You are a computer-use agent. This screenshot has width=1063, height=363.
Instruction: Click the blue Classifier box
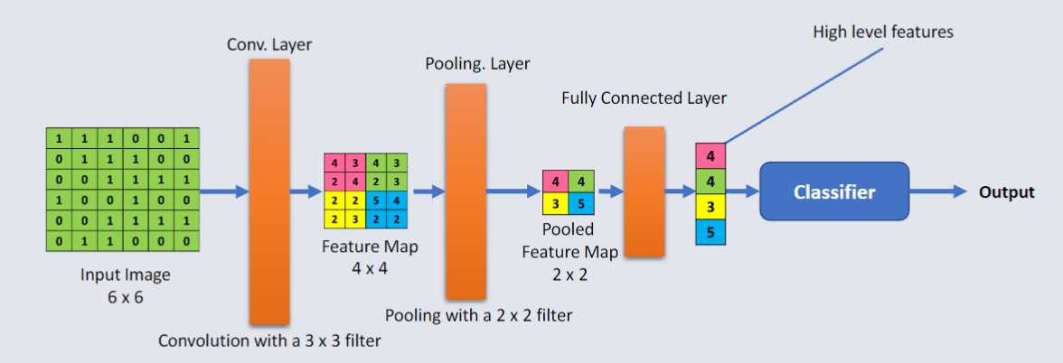click(x=833, y=191)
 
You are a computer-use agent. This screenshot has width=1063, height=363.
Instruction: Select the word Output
click(x=1006, y=191)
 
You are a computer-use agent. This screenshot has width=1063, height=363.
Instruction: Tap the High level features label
click(x=882, y=33)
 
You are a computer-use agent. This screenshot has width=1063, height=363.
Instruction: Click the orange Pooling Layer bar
click(x=466, y=191)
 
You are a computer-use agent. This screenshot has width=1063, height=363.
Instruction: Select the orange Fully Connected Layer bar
click(x=644, y=191)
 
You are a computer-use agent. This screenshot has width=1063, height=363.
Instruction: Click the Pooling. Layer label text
click(x=477, y=64)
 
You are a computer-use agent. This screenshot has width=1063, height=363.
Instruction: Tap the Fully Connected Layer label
click(x=644, y=98)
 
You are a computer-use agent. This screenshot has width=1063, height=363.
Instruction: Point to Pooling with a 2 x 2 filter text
click(x=478, y=315)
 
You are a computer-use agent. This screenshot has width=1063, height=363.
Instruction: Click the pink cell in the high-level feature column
click(x=710, y=156)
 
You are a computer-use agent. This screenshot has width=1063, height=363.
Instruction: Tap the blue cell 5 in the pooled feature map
click(x=582, y=203)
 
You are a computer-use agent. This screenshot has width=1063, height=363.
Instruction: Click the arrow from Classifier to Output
click(x=940, y=191)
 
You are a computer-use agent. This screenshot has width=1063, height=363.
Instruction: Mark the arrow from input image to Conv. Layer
click(x=222, y=191)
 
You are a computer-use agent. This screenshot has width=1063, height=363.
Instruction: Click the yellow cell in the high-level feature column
click(x=710, y=206)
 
